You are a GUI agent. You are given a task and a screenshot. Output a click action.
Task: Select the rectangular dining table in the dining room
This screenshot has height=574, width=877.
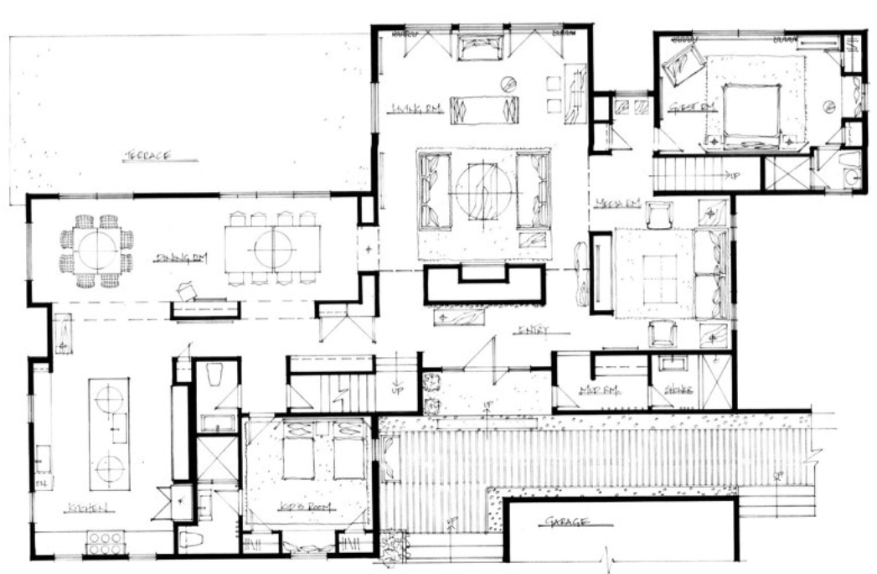point(273,248)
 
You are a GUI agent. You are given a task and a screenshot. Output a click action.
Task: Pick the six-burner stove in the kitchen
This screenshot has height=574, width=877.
point(106,543)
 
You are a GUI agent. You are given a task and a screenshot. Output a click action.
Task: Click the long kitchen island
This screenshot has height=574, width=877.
point(110,434)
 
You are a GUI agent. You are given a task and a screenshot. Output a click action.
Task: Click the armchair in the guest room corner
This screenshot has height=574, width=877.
point(684,65)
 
